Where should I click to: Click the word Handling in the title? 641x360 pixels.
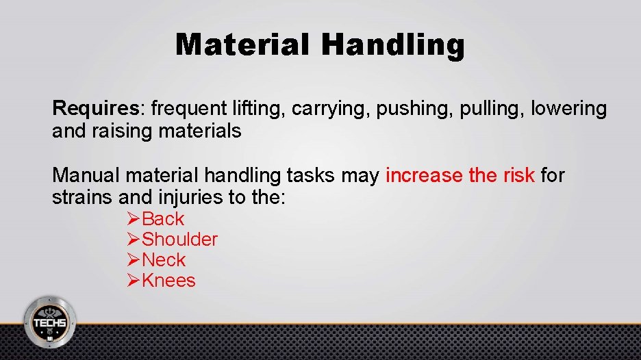click(x=392, y=45)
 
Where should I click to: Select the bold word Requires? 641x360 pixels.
click(x=95, y=108)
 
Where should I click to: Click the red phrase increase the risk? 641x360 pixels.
click(x=460, y=176)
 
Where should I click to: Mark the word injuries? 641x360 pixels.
click(x=187, y=198)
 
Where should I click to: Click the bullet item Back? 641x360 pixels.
click(x=163, y=219)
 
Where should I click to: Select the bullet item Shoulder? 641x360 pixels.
click(x=179, y=240)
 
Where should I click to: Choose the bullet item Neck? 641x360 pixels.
click(x=164, y=260)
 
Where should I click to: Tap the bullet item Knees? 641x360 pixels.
click(x=168, y=281)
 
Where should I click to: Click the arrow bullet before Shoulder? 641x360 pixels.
click(x=134, y=240)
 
